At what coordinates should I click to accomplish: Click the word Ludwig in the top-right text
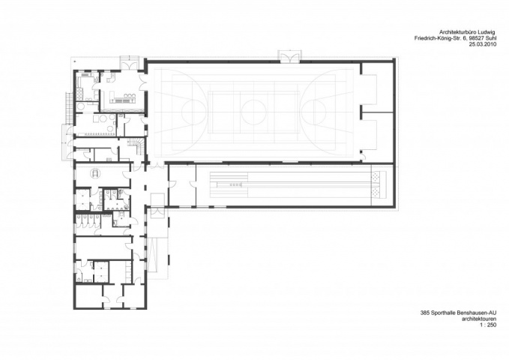tap(487, 32)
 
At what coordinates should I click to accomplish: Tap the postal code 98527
tap(478, 39)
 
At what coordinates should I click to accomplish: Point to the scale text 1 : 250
tap(489, 326)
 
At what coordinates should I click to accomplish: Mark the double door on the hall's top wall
tap(289, 57)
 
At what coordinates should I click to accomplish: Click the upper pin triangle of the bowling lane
tap(376, 178)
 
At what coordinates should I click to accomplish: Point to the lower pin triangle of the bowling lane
tap(376, 192)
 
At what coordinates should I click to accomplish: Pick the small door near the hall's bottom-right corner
tap(363, 157)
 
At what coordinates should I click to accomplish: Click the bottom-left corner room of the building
tap(89, 295)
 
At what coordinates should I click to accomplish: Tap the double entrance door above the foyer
tap(129, 63)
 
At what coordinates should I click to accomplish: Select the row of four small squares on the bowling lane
tap(235, 184)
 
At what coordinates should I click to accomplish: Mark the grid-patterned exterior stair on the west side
tap(68, 108)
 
